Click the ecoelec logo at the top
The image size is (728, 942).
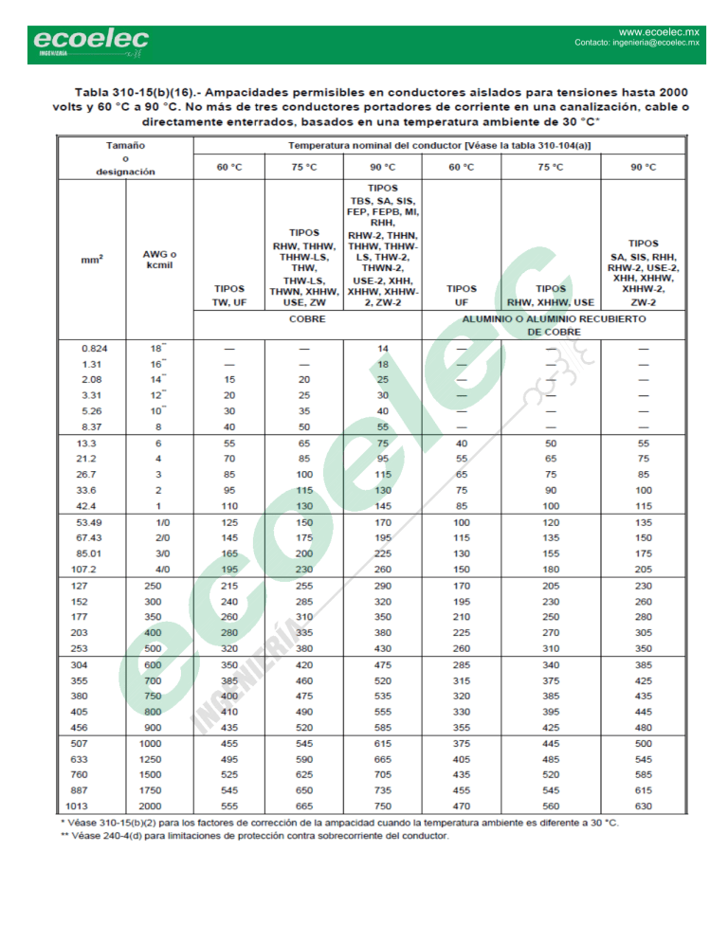coord(91,41)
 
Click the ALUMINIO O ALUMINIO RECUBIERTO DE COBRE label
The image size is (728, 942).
coord(554,325)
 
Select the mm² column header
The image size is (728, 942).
coord(92,258)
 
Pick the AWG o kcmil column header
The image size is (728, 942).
coord(159,258)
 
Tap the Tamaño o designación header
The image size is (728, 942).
coord(125,158)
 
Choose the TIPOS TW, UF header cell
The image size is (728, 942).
coord(229,295)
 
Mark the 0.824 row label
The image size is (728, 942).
coord(95,349)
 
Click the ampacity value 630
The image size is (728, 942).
coord(644,806)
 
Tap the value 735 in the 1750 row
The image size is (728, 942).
coord(383,789)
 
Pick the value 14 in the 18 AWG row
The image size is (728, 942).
coord(383,349)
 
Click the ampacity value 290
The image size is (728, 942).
coord(383,586)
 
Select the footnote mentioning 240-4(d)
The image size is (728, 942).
coord(254,836)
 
